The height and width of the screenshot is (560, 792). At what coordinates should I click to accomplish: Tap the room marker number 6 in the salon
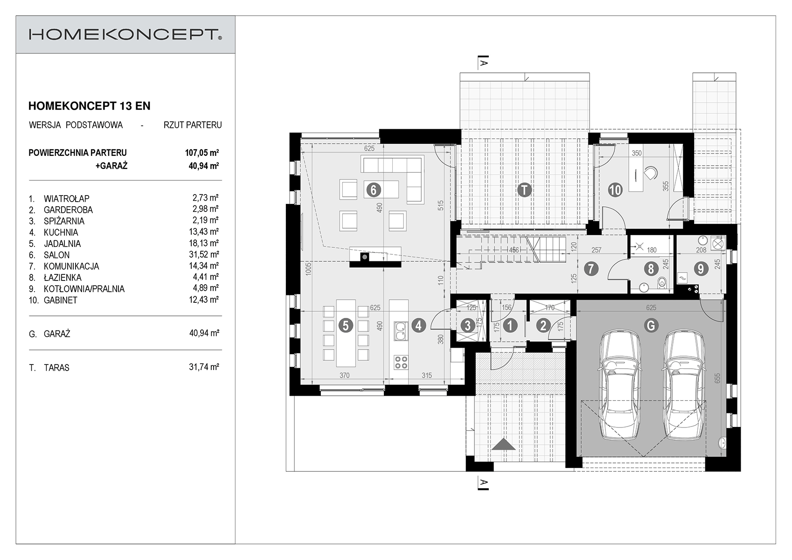[x=373, y=189]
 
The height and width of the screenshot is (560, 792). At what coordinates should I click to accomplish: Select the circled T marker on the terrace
[x=525, y=190]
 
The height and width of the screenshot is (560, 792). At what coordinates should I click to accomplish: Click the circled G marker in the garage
[x=651, y=325]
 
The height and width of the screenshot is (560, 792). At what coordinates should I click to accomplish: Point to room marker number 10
[x=615, y=190]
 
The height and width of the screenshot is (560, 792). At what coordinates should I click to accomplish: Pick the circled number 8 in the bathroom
[x=651, y=268]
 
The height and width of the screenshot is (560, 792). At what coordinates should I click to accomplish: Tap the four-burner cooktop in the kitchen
[x=401, y=362]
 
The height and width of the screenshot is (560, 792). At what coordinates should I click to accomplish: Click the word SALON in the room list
[x=57, y=255]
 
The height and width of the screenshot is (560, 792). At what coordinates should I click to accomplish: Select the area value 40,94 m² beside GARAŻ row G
[x=204, y=333]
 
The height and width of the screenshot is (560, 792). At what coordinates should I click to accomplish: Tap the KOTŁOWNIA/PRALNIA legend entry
[x=84, y=289]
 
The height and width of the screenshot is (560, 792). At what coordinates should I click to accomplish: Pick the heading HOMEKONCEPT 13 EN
[x=89, y=106]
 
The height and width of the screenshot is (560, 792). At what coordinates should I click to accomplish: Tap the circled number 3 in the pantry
[x=468, y=325]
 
